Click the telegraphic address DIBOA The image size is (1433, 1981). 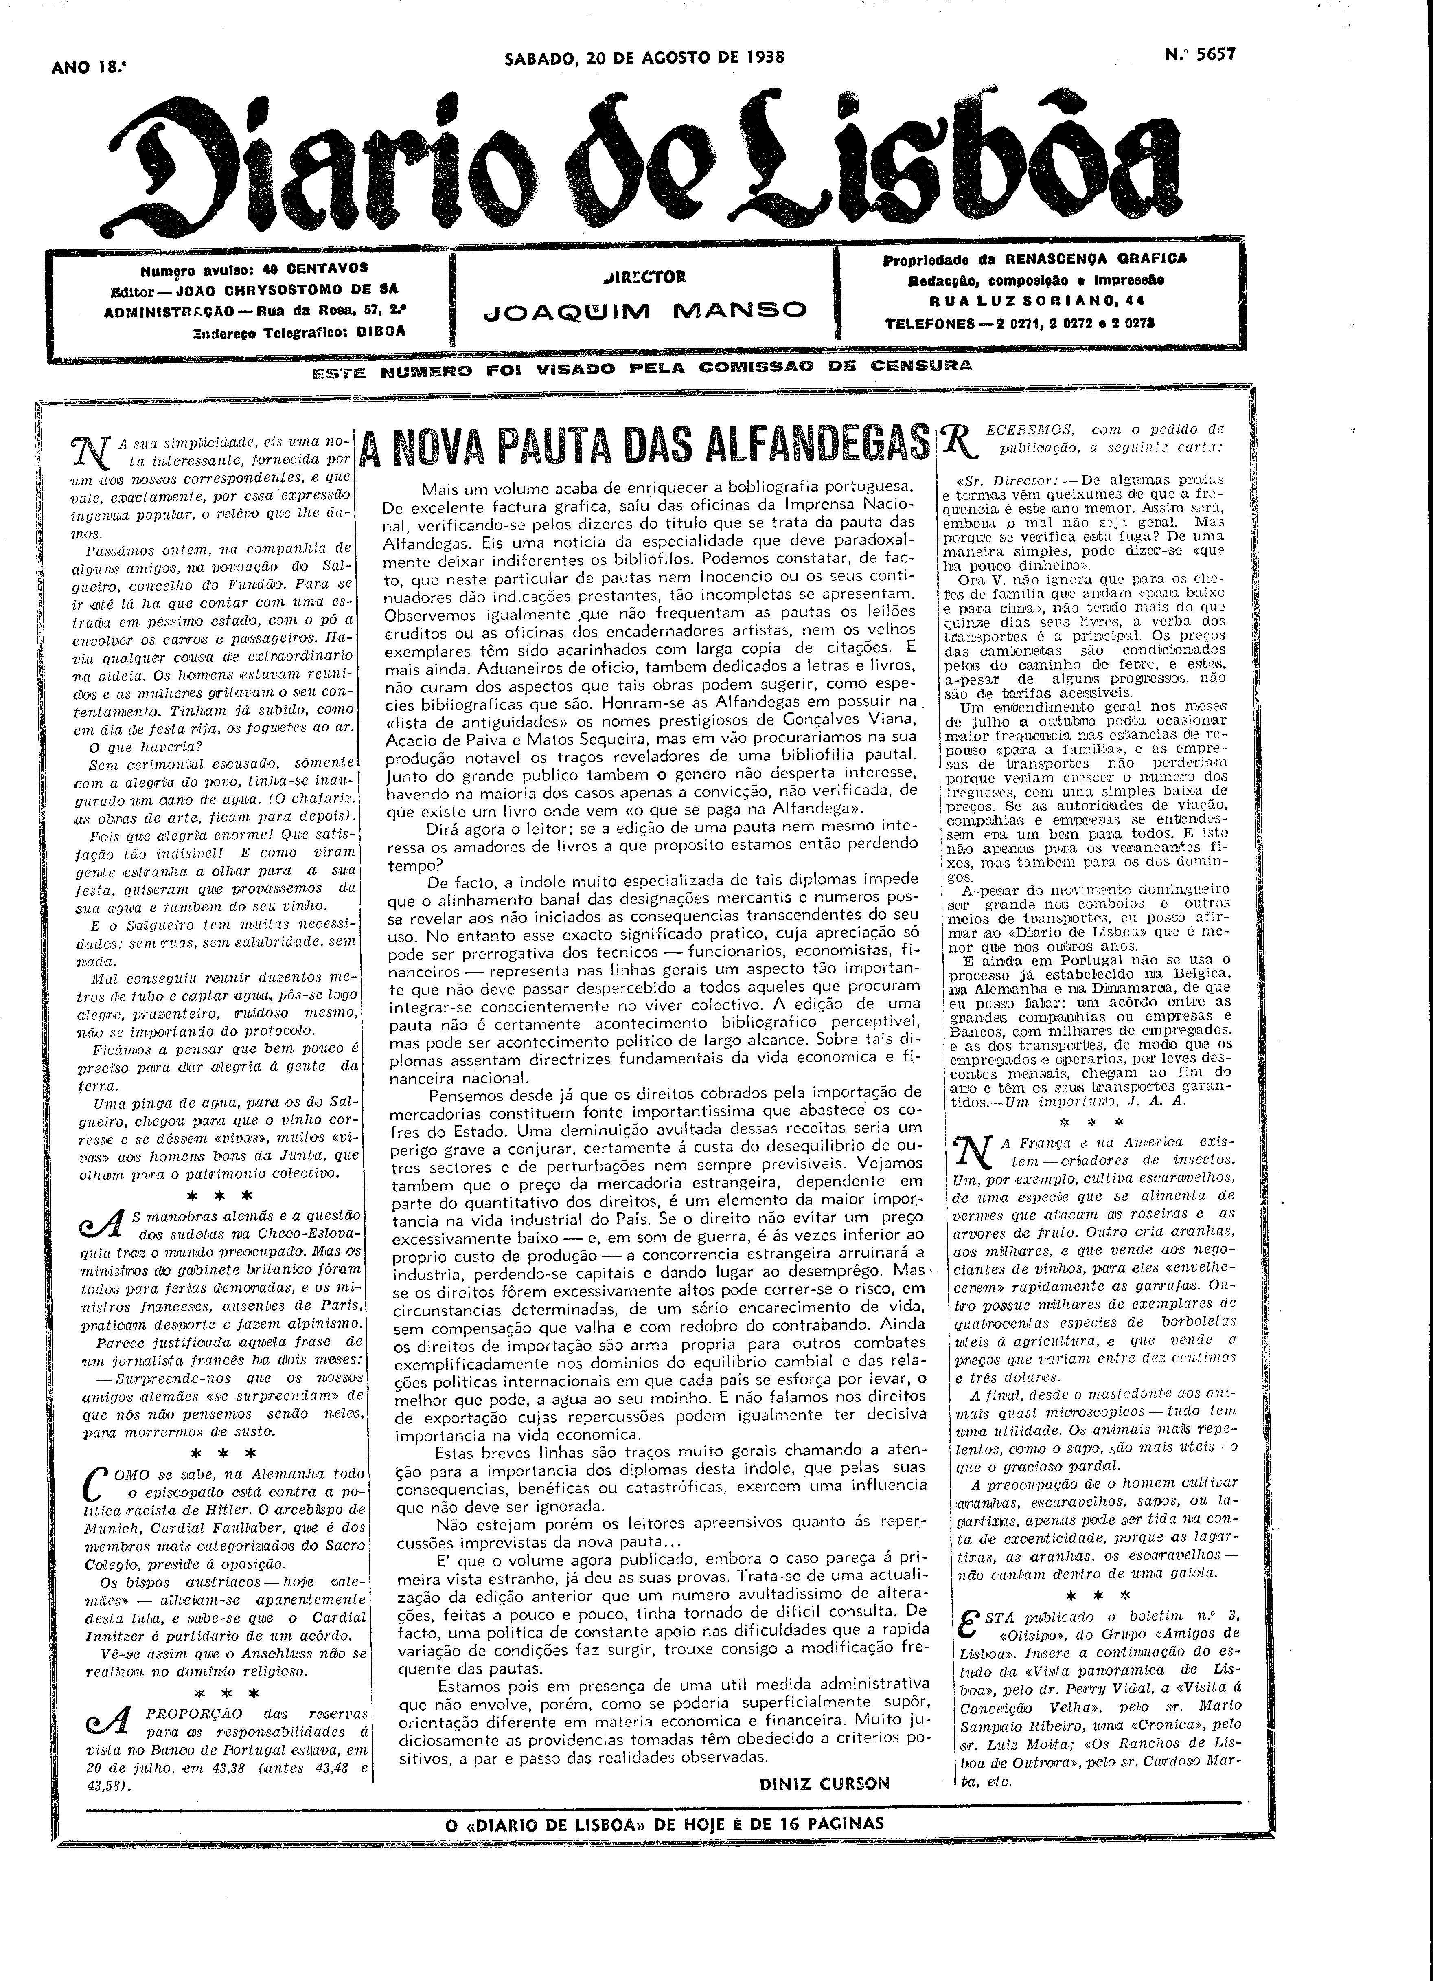click(x=381, y=331)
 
